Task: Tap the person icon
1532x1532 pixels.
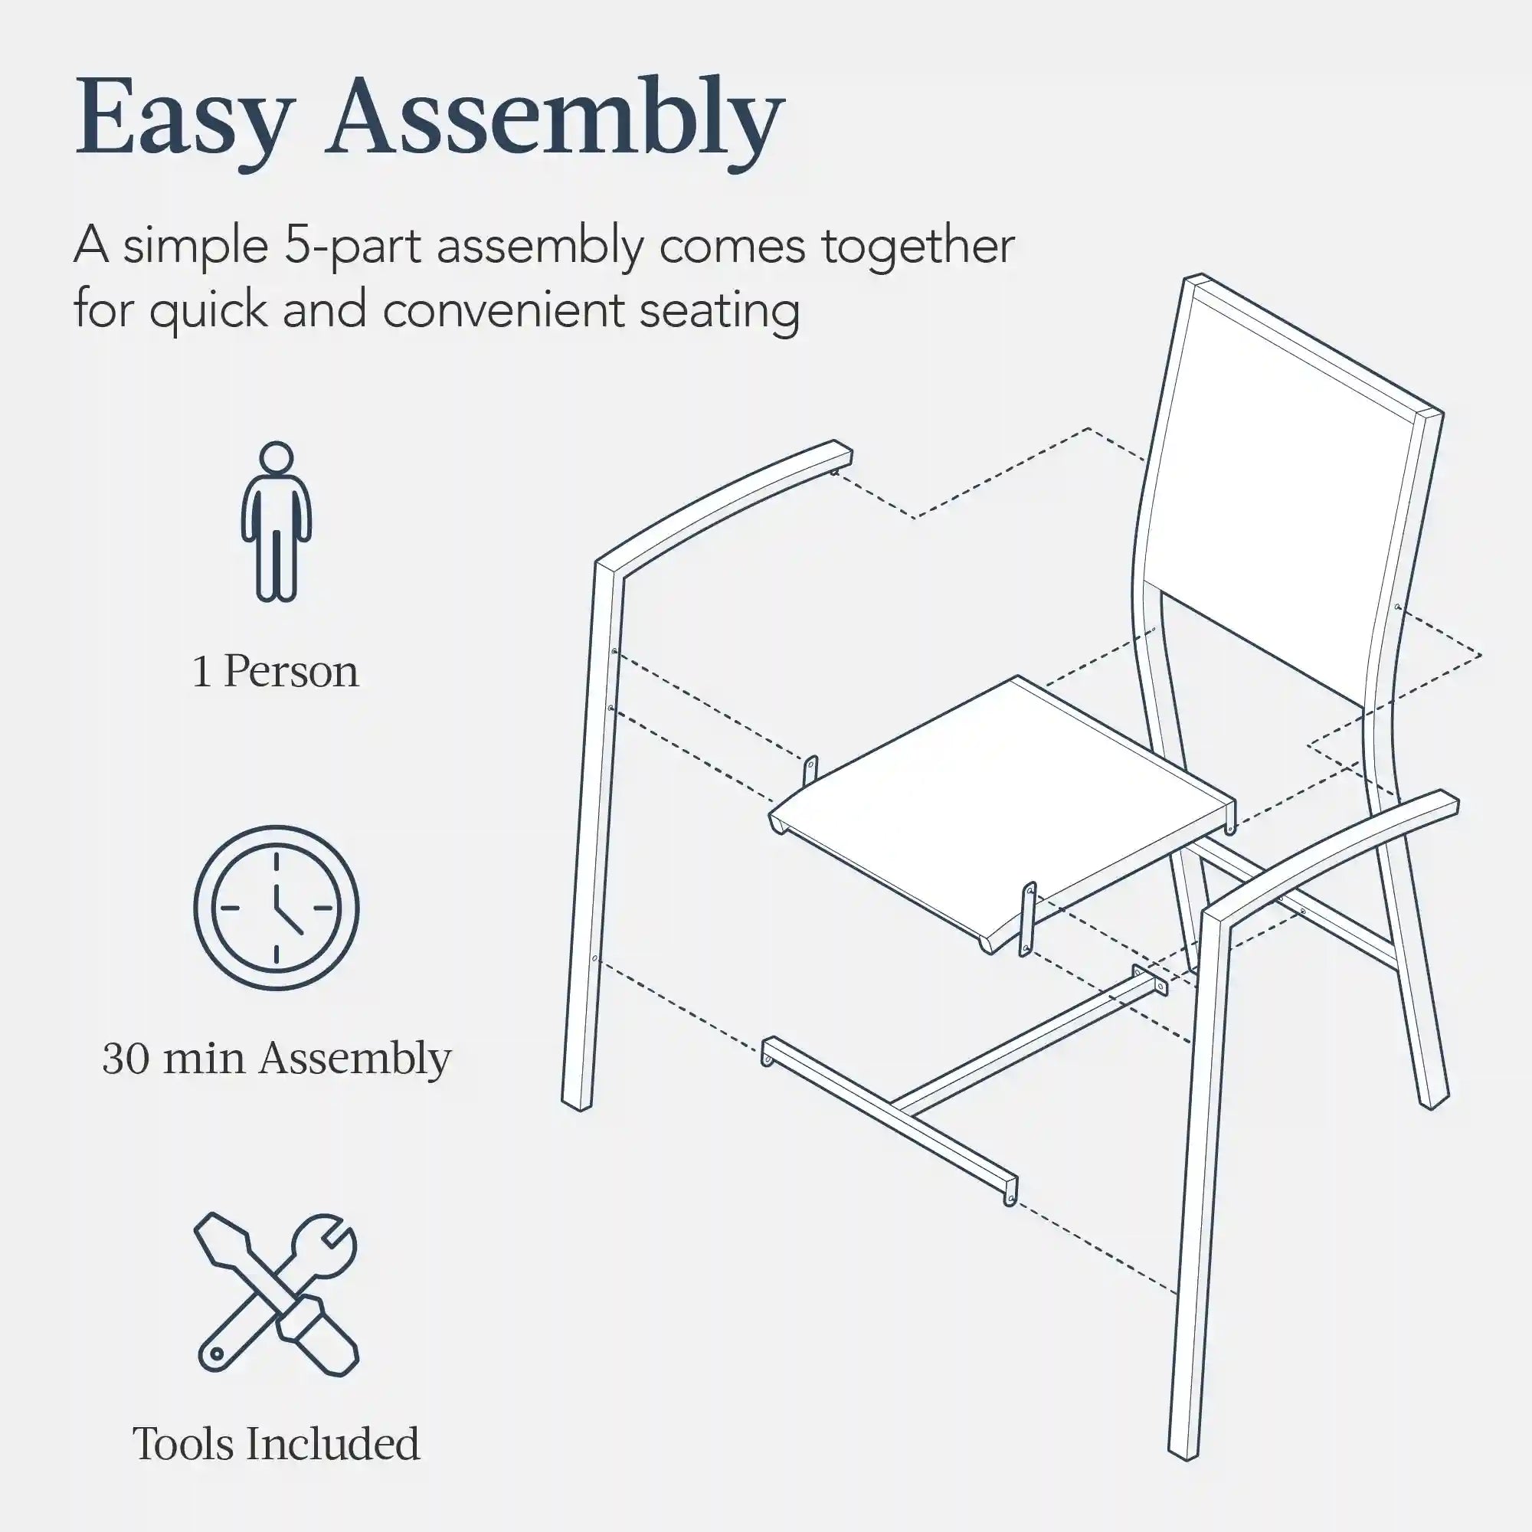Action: [276, 521]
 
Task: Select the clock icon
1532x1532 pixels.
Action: [276, 907]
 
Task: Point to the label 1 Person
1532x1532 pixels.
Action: [276, 672]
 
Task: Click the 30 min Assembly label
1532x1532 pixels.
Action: [277, 1059]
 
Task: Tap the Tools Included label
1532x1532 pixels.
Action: [276, 1444]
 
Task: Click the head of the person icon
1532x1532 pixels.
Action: [276, 458]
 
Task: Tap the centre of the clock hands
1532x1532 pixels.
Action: [276, 907]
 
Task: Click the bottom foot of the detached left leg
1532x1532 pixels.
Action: [578, 1103]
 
